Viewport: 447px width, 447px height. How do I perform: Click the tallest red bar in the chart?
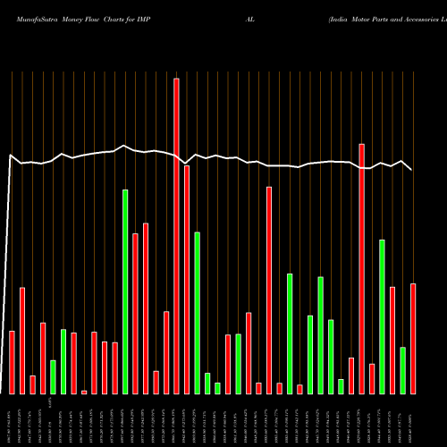[176, 236]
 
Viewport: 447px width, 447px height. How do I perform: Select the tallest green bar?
[125, 291]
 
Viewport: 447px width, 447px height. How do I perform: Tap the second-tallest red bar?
[361, 268]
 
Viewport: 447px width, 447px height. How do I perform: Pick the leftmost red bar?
[12, 362]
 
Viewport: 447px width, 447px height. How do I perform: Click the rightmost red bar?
[413, 338]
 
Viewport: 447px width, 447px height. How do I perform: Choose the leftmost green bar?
[53, 376]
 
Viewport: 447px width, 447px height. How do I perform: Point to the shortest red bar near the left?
[84, 392]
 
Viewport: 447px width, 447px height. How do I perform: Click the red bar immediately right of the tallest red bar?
[187, 279]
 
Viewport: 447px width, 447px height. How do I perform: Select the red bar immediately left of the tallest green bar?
[115, 367]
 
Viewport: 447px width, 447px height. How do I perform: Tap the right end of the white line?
[411, 169]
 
